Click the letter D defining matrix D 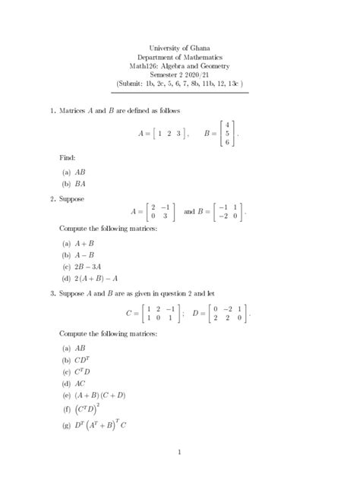pos(196,312)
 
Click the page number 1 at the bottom pos(180,453)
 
